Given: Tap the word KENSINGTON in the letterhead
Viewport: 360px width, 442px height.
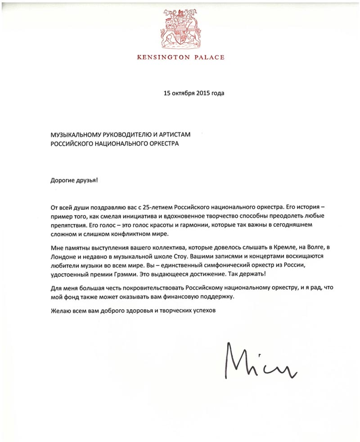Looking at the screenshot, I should pyautogui.click(x=166, y=57).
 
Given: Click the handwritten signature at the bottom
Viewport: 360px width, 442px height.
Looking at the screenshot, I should pyautogui.click(x=261, y=362).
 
